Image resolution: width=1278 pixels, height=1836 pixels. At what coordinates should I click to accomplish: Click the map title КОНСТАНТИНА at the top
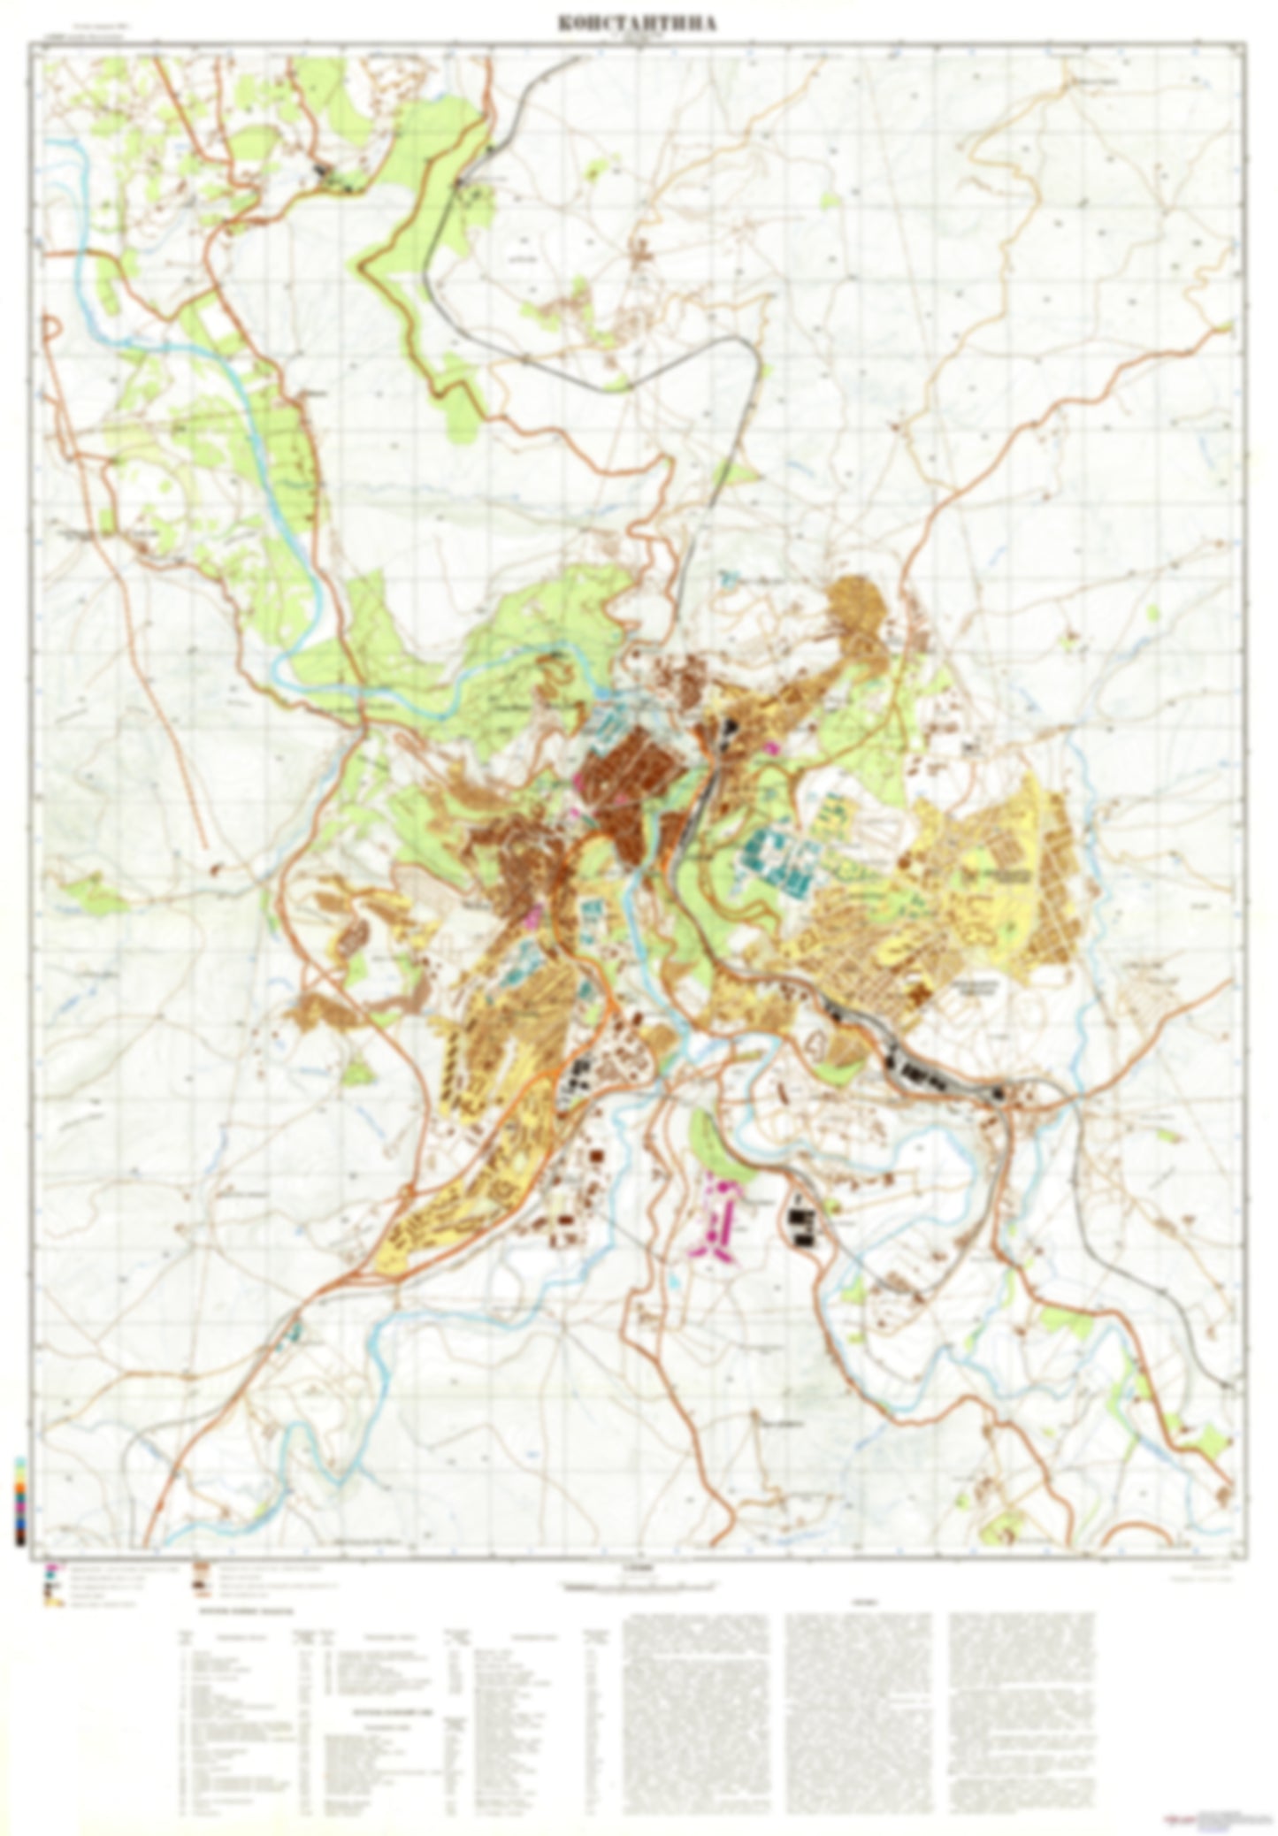(x=637, y=24)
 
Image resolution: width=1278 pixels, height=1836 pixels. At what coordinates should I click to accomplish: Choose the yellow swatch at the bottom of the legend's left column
(x=55, y=1599)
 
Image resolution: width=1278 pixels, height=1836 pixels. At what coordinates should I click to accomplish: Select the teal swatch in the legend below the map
(x=55, y=1575)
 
